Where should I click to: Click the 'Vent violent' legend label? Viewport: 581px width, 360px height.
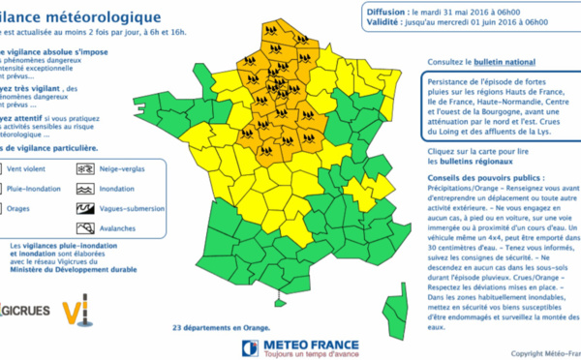pyautogui.click(x=39, y=168)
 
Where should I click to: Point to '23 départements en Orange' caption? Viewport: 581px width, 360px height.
pyautogui.click(x=215, y=328)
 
